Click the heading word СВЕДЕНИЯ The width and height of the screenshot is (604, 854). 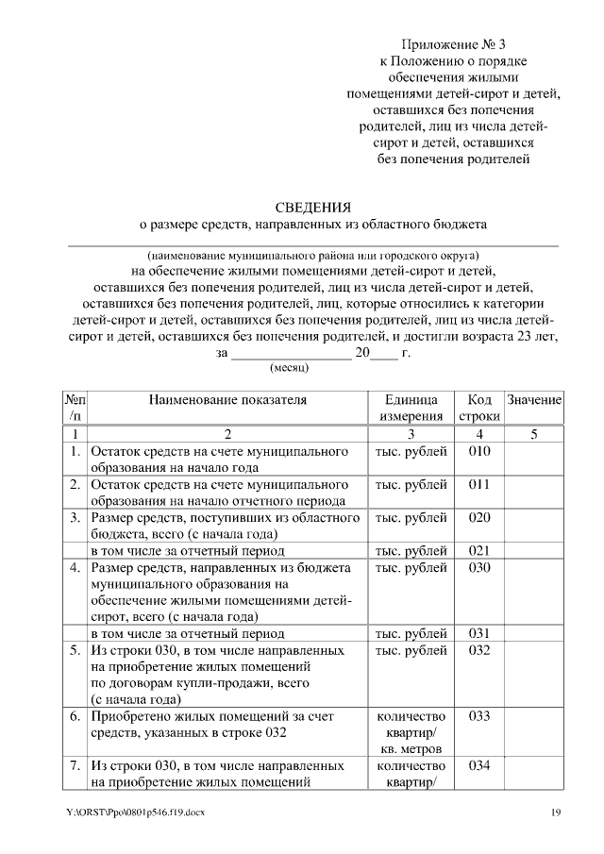312,208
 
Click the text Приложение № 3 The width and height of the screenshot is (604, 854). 452,44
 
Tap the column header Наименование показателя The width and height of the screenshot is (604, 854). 227,400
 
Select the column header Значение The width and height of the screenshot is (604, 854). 534,400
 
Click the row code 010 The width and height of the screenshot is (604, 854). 479,451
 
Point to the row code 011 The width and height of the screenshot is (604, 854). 479,484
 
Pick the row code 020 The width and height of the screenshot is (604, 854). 479,518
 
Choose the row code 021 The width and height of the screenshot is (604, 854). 479,550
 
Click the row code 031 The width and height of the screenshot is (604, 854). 479,634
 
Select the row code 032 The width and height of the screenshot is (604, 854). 479,651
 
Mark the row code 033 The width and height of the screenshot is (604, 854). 479,716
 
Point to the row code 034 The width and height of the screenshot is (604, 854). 479,765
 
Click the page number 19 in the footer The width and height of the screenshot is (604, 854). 557,813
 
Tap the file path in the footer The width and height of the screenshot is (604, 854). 135,813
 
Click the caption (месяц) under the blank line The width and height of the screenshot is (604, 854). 290,369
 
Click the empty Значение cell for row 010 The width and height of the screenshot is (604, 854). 534,459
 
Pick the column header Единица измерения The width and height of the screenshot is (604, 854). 411,408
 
